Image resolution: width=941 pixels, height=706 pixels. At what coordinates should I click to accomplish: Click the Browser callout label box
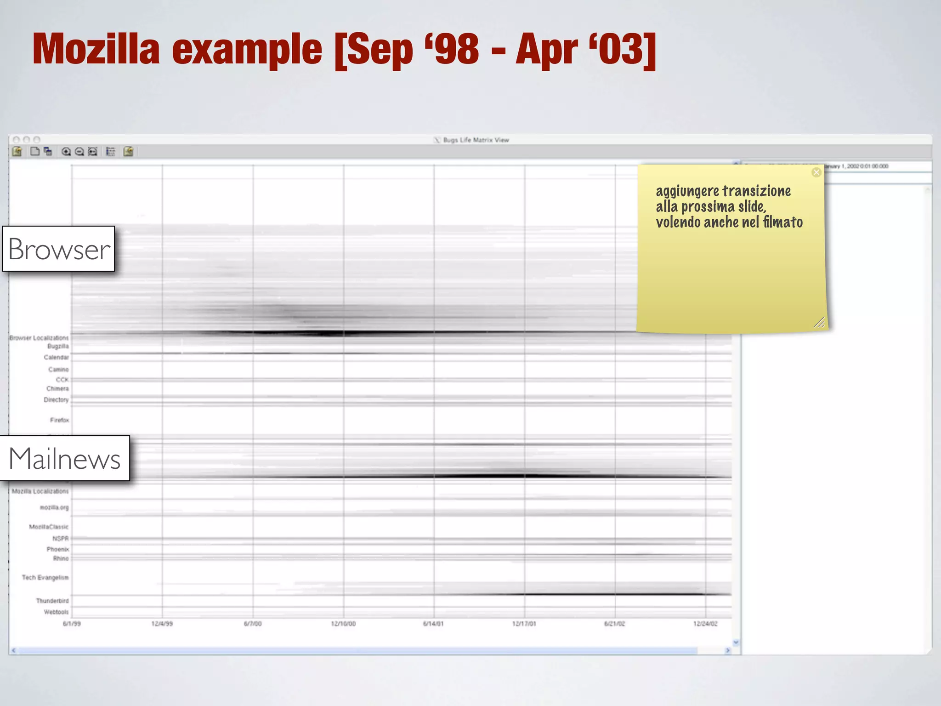coord(59,249)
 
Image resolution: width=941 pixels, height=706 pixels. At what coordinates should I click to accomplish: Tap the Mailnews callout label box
coord(65,458)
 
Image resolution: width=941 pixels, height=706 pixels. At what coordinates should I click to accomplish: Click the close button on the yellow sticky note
coord(816,172)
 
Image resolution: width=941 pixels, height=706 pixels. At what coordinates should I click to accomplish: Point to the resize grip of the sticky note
coord(819,323)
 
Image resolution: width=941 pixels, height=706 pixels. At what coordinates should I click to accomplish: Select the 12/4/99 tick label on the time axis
coord(162,624)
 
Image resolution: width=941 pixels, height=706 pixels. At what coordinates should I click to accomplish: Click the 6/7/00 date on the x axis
coord(253,624)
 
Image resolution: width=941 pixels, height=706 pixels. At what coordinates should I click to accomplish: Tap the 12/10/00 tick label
coord(343,624)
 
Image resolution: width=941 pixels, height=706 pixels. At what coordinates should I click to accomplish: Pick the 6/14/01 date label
coord(433,624)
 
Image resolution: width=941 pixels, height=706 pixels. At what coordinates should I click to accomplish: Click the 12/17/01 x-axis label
coord(524,624)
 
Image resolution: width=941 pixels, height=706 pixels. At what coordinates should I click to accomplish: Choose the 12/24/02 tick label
coord(705,624)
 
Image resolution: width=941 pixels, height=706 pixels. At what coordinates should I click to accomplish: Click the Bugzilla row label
coord(58,347)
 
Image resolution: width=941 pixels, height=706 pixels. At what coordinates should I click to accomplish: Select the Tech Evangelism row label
coord(45,578)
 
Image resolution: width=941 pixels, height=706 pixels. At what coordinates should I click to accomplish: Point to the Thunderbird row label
coord(52,601)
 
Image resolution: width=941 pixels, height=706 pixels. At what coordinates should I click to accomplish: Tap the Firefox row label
coord(59,420)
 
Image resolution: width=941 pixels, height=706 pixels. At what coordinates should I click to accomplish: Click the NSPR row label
coord(60,539)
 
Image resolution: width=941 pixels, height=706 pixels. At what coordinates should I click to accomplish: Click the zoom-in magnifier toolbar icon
coord(66,152)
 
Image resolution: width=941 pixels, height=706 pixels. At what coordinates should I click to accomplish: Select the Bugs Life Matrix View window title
coord(476,140)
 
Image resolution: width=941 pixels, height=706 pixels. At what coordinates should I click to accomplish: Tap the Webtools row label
coord(56,612)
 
